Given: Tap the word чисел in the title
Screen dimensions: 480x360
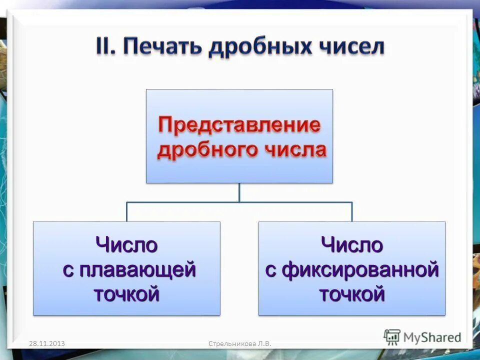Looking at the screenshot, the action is pos(350,48).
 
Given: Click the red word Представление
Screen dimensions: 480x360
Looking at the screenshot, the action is pos(239,125).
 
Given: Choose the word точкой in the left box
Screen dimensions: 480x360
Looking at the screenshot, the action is pos(126,294).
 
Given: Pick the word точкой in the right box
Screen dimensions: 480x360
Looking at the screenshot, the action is pos(351,294).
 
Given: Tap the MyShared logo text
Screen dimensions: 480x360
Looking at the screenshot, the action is pos(432,337).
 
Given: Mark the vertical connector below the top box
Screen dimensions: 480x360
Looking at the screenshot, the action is pos(239,192).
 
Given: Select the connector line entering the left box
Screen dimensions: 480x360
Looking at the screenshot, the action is pos(127,212).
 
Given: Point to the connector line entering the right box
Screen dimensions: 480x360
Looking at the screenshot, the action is pos(352,212).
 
